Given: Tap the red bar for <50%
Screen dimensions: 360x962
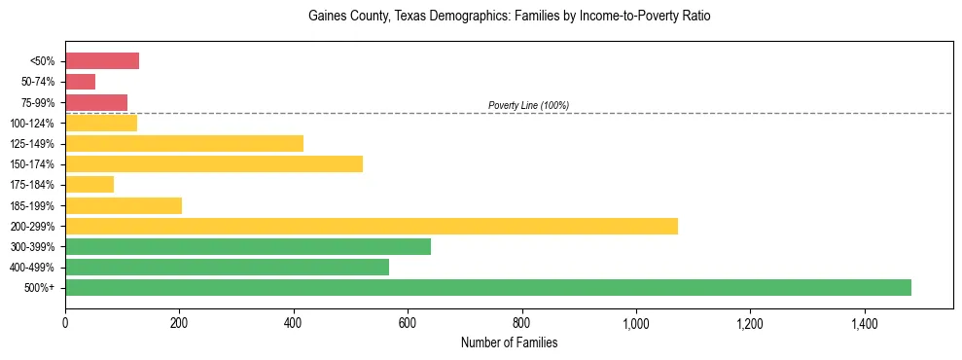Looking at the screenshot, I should click(102, 61).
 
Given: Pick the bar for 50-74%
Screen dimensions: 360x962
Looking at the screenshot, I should click(80, 82).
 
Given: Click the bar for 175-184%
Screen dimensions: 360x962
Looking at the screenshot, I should click(89, 184).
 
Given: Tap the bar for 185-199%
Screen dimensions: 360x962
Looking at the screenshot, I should click(124, 205).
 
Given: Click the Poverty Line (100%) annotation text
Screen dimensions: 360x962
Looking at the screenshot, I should click(528, 105).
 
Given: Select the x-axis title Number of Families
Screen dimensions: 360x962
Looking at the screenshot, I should click(509, 342).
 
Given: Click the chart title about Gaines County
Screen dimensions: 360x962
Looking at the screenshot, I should click(509, 17).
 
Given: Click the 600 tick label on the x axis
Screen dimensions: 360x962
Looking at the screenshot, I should click(408, 322).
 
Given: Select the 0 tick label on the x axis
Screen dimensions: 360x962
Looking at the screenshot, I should click(65, 322).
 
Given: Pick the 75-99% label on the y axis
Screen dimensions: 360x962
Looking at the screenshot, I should click(37, 103).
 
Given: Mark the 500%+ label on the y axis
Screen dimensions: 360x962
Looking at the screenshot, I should click(41, 288).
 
